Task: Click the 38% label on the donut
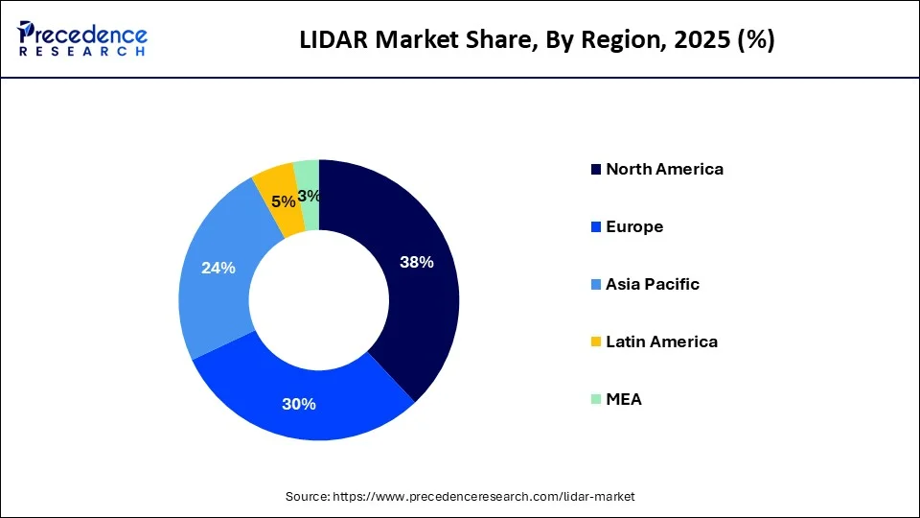click(416, 262)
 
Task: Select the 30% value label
click(299, 404)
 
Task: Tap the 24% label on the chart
click(218, 268)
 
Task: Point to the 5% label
click(283, 201)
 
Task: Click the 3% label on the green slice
click(309, 196)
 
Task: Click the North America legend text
click(664, 169)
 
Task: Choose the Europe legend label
click(634, 226)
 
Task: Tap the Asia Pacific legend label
click(653, 284)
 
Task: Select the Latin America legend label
click(661, 341)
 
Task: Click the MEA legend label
click(624, 399)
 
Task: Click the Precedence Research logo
click(81, 39)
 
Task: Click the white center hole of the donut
click(318, 300)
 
